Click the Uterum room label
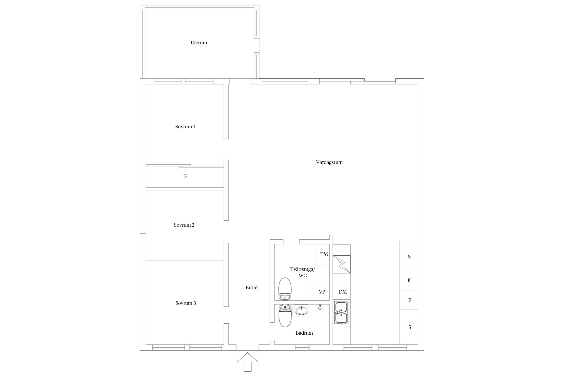(199, 43)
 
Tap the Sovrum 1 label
(185, 127)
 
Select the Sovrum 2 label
(184, 225)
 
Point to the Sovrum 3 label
(186, 303)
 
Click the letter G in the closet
(185, 176)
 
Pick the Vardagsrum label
(329, 162)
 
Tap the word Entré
(251, 288)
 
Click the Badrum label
(304, 333)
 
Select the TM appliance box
(323, 254)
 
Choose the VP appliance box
(320, 292)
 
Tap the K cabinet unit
(409, 280)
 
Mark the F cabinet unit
(409, 300)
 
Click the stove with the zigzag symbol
(341, 264)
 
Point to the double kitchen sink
(341, 313)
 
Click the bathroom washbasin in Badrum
(301, 310)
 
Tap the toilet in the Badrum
(285, 316)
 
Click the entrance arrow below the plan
(247, 362)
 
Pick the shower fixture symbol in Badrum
(320, 307)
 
